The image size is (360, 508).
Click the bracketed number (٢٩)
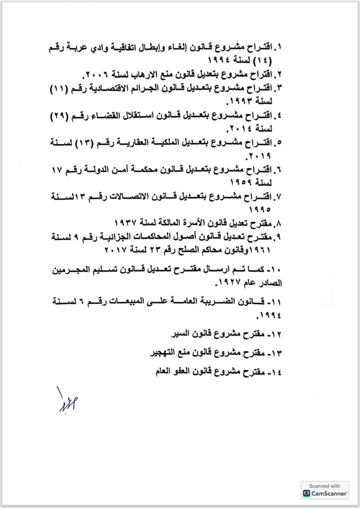(x=65, y=116)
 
